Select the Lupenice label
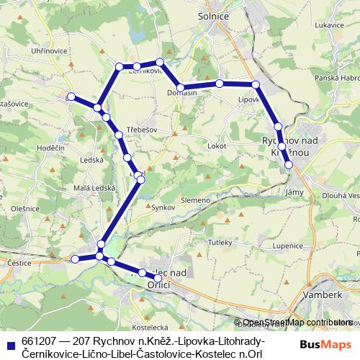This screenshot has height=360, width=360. click(288, 246)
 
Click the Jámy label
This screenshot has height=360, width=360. click(294, 192)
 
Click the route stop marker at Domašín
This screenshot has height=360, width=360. click(181, 88)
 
